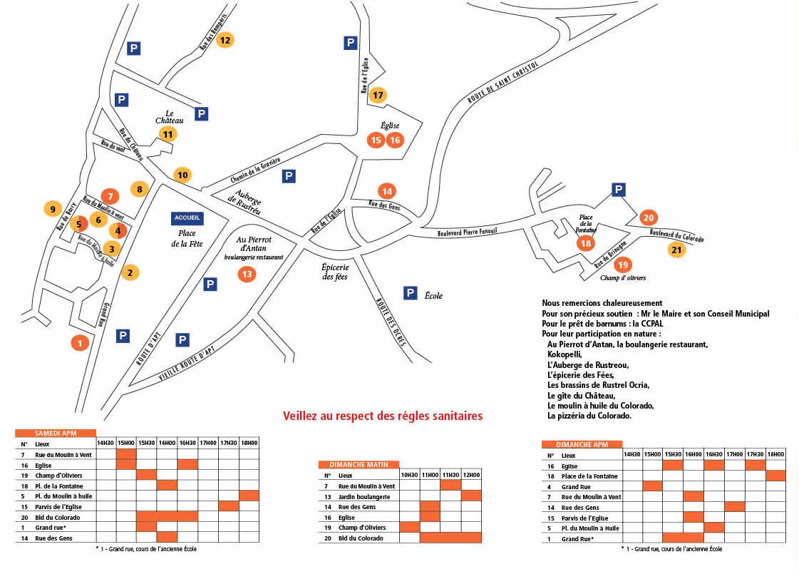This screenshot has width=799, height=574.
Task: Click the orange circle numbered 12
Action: coord(225,40)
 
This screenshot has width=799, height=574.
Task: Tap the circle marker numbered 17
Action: coord(378,95)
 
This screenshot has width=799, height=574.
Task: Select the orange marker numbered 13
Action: coord(247,274)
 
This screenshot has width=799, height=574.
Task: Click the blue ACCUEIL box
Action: coord(187,217)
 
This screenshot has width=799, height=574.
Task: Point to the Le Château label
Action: coord(170,117)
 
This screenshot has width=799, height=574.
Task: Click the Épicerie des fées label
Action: coord(334,272)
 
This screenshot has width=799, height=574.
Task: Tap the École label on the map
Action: coord(433,295)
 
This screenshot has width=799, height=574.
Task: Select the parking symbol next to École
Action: coord(410,292)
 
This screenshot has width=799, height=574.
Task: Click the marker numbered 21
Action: coord(676,250)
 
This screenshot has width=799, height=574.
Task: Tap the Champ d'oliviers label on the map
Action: coord(622,278)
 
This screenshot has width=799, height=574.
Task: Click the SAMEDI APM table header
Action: coord(56,433)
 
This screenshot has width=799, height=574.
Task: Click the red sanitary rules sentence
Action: coord(383,416)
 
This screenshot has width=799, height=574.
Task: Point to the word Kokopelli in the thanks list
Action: coord(565,354)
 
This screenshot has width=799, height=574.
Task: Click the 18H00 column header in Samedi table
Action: coord(249,443)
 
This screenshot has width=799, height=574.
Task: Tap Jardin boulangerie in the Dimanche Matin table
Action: coord(364,496)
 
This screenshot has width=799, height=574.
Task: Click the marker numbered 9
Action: coord(51,209)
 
